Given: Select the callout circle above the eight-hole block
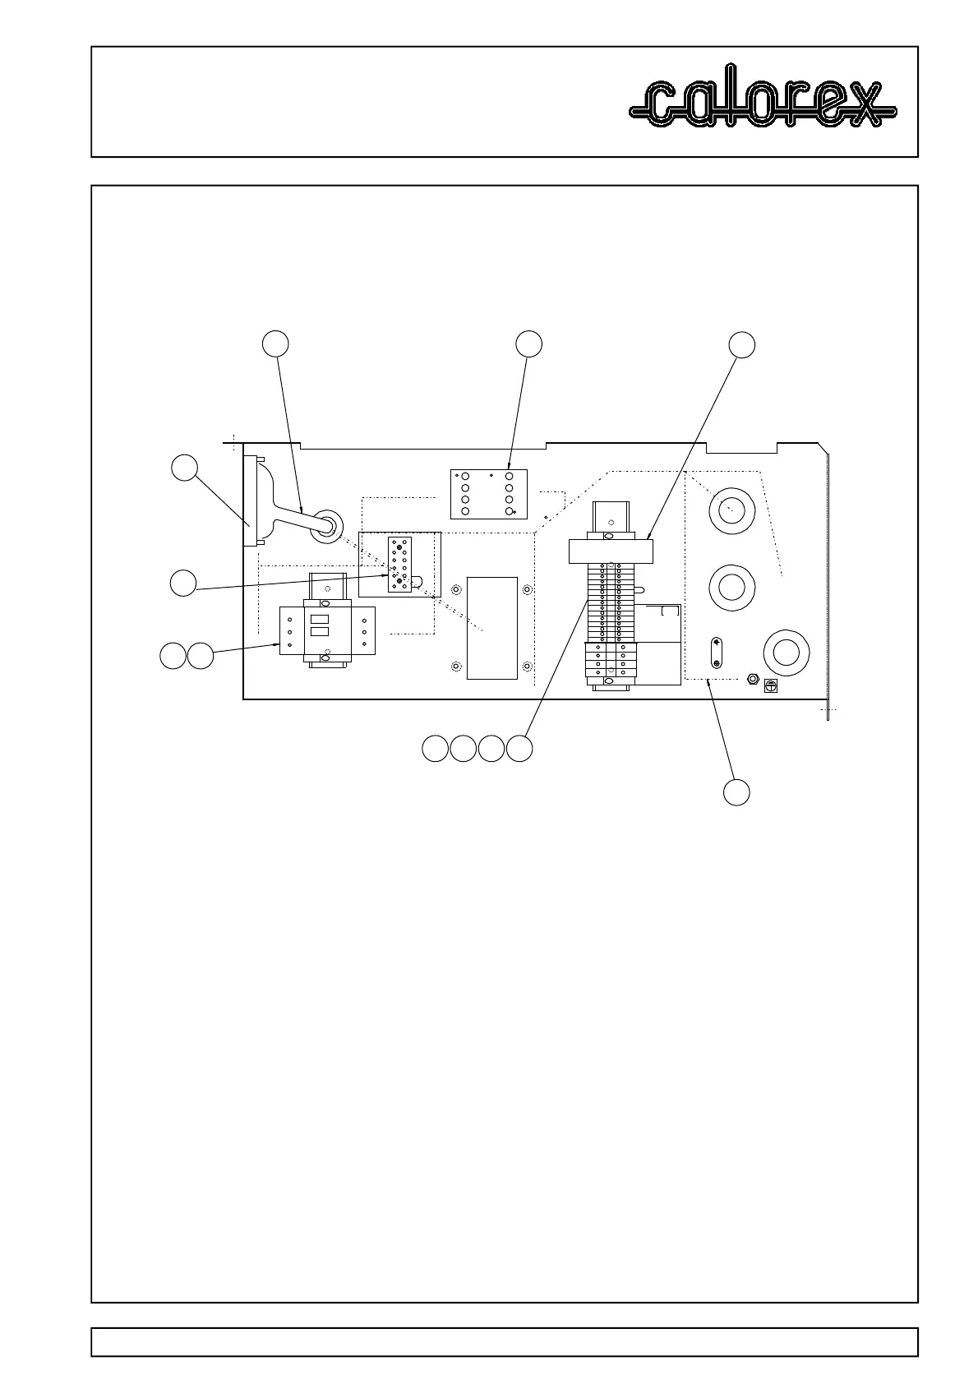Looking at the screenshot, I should [529, 344].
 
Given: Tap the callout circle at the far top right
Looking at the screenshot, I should [742, 344].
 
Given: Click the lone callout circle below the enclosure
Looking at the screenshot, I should [736, 792].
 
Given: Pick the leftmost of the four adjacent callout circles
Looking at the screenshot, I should [435, 749].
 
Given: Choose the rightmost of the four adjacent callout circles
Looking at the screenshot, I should [519, 749].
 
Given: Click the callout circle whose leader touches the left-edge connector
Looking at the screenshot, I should [184, 468].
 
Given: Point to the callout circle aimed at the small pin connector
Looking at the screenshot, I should [183, 583].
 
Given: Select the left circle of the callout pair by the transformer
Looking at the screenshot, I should [172, 657].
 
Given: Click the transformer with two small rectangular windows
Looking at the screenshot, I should [327, 631].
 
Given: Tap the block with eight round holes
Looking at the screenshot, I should [488, 494].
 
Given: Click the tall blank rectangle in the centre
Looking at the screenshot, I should [491, 628].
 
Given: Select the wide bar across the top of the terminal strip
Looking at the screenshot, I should [610, 551].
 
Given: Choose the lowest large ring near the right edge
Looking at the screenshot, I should [786, 653].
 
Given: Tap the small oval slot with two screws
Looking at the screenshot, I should [716, 653].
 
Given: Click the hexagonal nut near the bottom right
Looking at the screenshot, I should [751, 679].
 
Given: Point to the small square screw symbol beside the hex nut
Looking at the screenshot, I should [771, 684].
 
